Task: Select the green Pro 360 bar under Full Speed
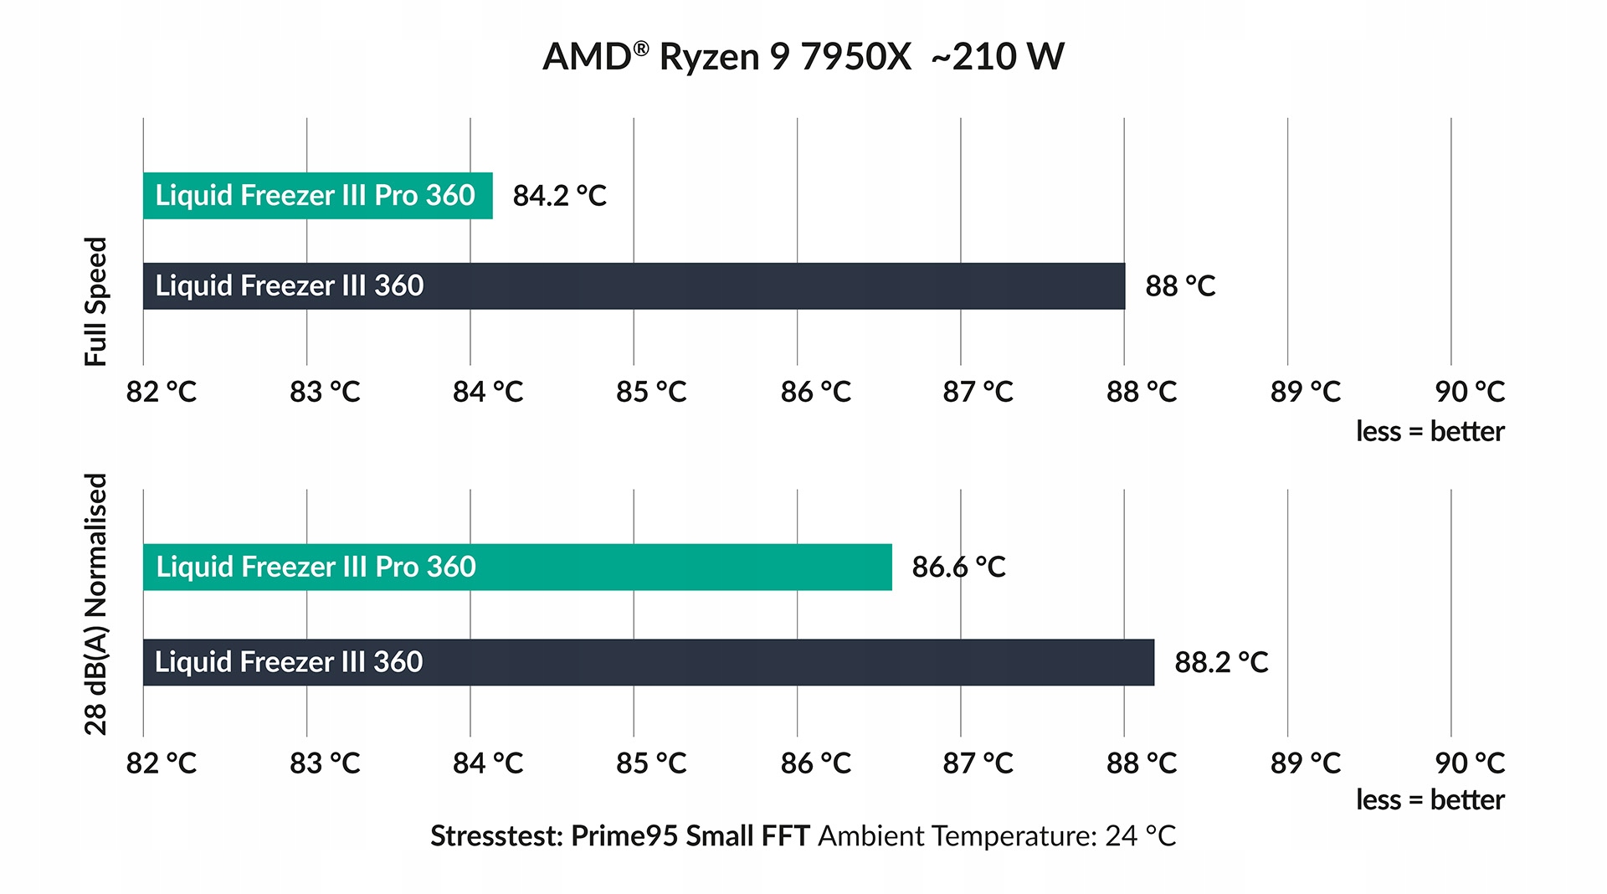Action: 317,196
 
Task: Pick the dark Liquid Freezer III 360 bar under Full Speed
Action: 634,286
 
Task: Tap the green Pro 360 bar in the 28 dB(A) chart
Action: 516,568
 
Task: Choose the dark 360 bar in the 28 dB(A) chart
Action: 648,663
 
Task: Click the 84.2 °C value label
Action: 559,196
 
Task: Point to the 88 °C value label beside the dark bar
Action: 1180,286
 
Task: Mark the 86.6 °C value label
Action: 958,568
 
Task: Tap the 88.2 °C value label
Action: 1221,663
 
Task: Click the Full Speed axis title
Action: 96,301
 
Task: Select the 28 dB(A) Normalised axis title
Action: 96,604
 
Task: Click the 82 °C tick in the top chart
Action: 161,392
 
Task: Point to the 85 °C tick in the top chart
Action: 651,392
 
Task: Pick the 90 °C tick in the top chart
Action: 1469,392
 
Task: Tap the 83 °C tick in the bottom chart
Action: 325,763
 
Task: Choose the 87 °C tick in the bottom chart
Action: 978,763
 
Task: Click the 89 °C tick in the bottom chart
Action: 1305,763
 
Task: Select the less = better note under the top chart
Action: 1430,432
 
